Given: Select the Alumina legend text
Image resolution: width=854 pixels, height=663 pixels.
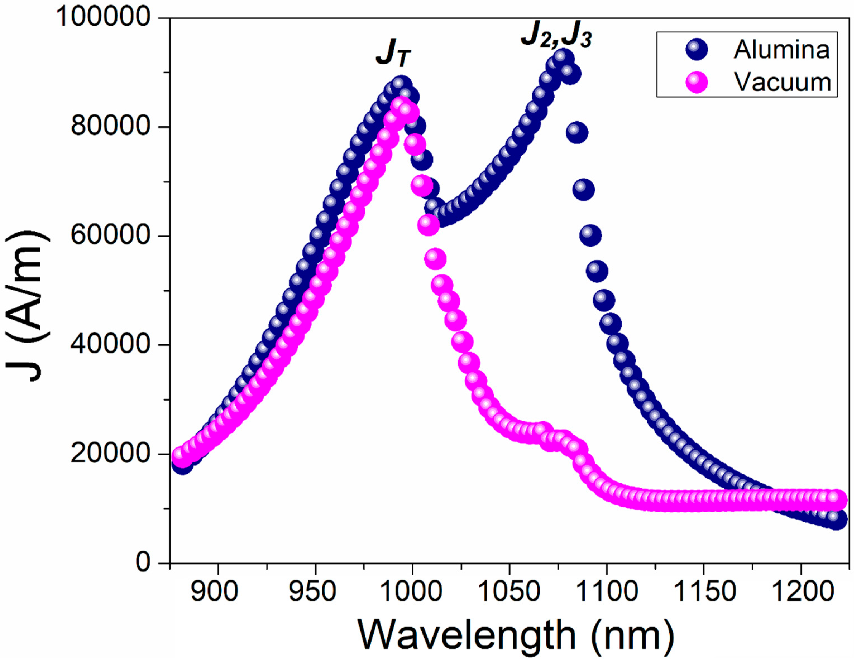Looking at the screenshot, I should pyautogui.click(x=781, y=50).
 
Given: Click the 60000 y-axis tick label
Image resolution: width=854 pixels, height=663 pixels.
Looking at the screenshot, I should pyautogui.click(x=111, y=236).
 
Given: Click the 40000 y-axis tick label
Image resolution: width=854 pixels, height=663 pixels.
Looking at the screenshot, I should pyautogui.click(x=111, y=344).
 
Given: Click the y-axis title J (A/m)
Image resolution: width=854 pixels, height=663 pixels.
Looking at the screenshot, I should pyautogui.click(x=27, y=305).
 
